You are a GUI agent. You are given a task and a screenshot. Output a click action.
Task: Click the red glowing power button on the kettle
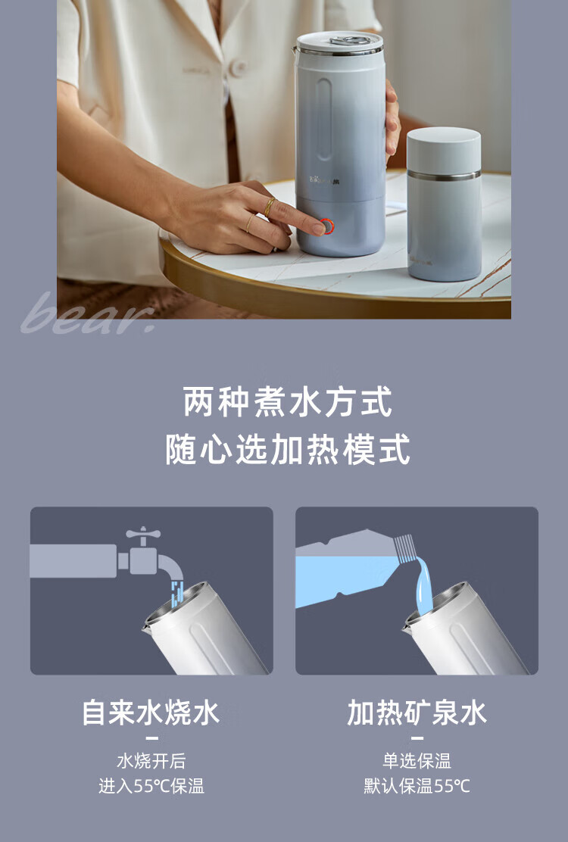326,226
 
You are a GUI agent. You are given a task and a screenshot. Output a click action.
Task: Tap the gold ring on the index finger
270,207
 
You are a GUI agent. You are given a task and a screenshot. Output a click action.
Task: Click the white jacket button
237,67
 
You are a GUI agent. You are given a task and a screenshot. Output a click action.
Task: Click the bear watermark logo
89,313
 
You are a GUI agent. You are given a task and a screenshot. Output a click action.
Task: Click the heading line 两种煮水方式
288,401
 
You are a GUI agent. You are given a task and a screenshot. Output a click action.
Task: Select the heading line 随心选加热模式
288,450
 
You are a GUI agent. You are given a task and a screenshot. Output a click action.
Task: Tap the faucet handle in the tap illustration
143,533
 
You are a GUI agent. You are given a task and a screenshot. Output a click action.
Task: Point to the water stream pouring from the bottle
423,585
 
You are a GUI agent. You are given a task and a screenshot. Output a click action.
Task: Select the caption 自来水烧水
151,713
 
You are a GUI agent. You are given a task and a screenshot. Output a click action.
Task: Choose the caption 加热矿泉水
417,713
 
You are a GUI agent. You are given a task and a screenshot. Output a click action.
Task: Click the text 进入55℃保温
151,786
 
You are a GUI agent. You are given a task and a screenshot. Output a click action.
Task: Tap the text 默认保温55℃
417,786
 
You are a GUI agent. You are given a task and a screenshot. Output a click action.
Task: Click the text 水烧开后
151,761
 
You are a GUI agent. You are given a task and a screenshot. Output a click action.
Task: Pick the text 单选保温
417,761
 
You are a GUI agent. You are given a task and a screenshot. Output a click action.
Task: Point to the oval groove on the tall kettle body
323,120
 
